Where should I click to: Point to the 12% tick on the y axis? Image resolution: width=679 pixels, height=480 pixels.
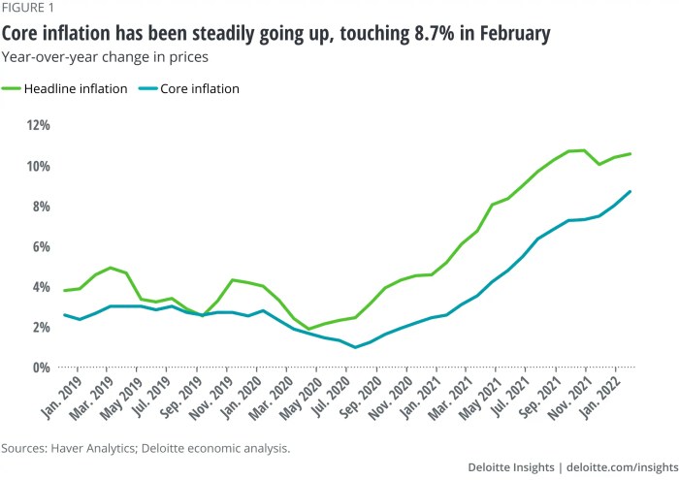(38, 125)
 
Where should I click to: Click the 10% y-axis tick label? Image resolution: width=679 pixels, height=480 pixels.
(38, 166)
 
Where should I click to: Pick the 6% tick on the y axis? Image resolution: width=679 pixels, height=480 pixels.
(40, 246)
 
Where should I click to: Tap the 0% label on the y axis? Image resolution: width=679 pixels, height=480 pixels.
(40, 368)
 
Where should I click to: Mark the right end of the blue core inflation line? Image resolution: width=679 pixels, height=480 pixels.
(630, 191)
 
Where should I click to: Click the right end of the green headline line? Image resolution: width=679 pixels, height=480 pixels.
(630, 153)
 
